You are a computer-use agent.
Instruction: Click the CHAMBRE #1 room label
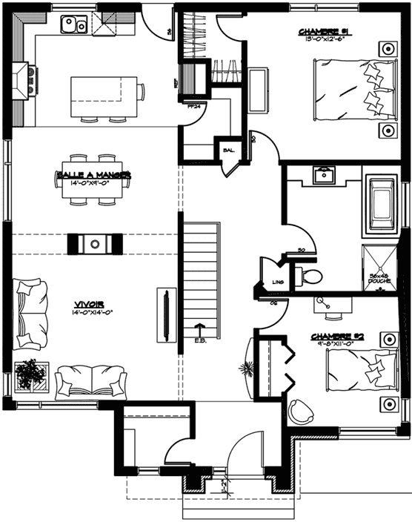(x=328, y=32)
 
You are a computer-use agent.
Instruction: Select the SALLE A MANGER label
(x=93, y=175)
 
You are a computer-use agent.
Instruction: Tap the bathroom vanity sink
(x=323, y=176)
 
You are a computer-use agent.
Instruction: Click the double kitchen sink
(x=74, y=27)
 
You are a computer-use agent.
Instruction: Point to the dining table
(x=93, y=178)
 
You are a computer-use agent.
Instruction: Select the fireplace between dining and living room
(x=94, y=243)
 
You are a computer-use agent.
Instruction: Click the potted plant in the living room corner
(x=31, y=374)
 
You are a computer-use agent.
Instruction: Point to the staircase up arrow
(x=199, y=328)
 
